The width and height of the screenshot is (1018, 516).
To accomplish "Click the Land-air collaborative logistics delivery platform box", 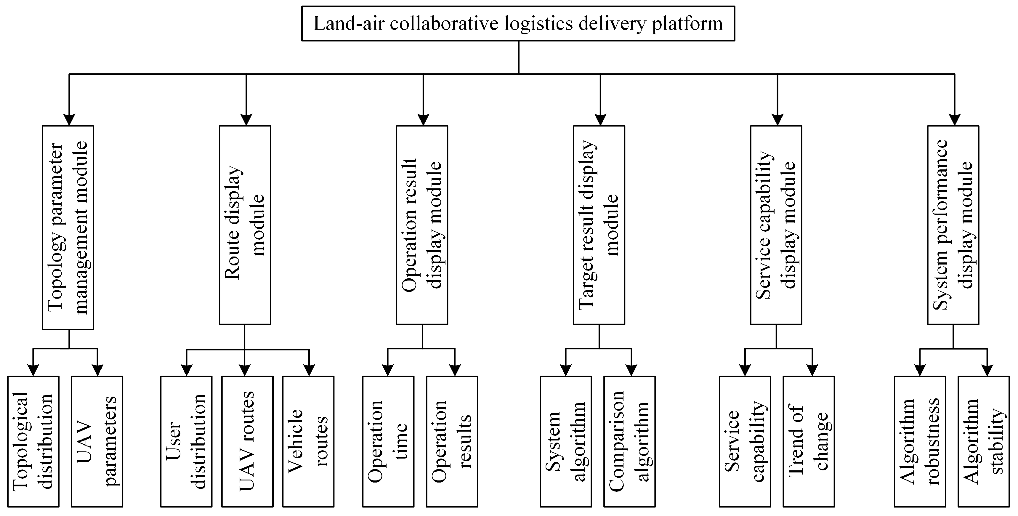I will pyautogui.click(x=518, y=23).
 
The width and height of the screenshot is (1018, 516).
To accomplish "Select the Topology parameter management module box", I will pyautogui.click(x=68, y=227).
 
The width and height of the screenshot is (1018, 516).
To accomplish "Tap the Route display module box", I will pyautogui.click(x=245, y=225).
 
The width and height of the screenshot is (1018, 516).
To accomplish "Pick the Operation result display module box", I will pyautogui.click(x=422, y=225).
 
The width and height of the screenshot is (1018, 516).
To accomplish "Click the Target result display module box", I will pyautogui.click(x=599, y=225).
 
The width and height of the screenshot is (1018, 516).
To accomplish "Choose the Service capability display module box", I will pyautogui.click(x=776, y=225).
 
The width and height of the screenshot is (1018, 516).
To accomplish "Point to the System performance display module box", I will pyautogui.click(x=953, y=225).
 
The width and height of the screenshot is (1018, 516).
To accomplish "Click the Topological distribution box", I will pyautogui.click(x=33, y=441).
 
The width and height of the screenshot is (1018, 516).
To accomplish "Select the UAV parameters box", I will pyautogui.click(x=97, y=441).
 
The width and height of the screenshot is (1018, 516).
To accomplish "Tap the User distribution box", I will pyautogui.click(x=186, y=441).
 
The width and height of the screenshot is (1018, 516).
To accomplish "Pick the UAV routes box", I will pyautogui.click(x=247, y=441).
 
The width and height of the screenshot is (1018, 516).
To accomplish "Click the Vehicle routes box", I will pyautogui.click(x=308, y=441).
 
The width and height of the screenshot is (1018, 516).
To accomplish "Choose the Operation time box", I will pyautogui.click(x=388, y=441).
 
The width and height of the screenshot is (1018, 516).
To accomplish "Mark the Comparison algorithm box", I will pyautogui.click(x=629, y=441).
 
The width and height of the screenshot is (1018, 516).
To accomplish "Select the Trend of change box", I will pyautogui.click(x=809, y=441).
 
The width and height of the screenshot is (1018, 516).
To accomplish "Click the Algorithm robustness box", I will pyautogui.click(x=920, y=441).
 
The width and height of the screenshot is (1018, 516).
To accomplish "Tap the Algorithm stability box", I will pyautogui.click(x=984, y=441).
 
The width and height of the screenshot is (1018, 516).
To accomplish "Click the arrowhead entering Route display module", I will pyautogui.click(x=246, y=120).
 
